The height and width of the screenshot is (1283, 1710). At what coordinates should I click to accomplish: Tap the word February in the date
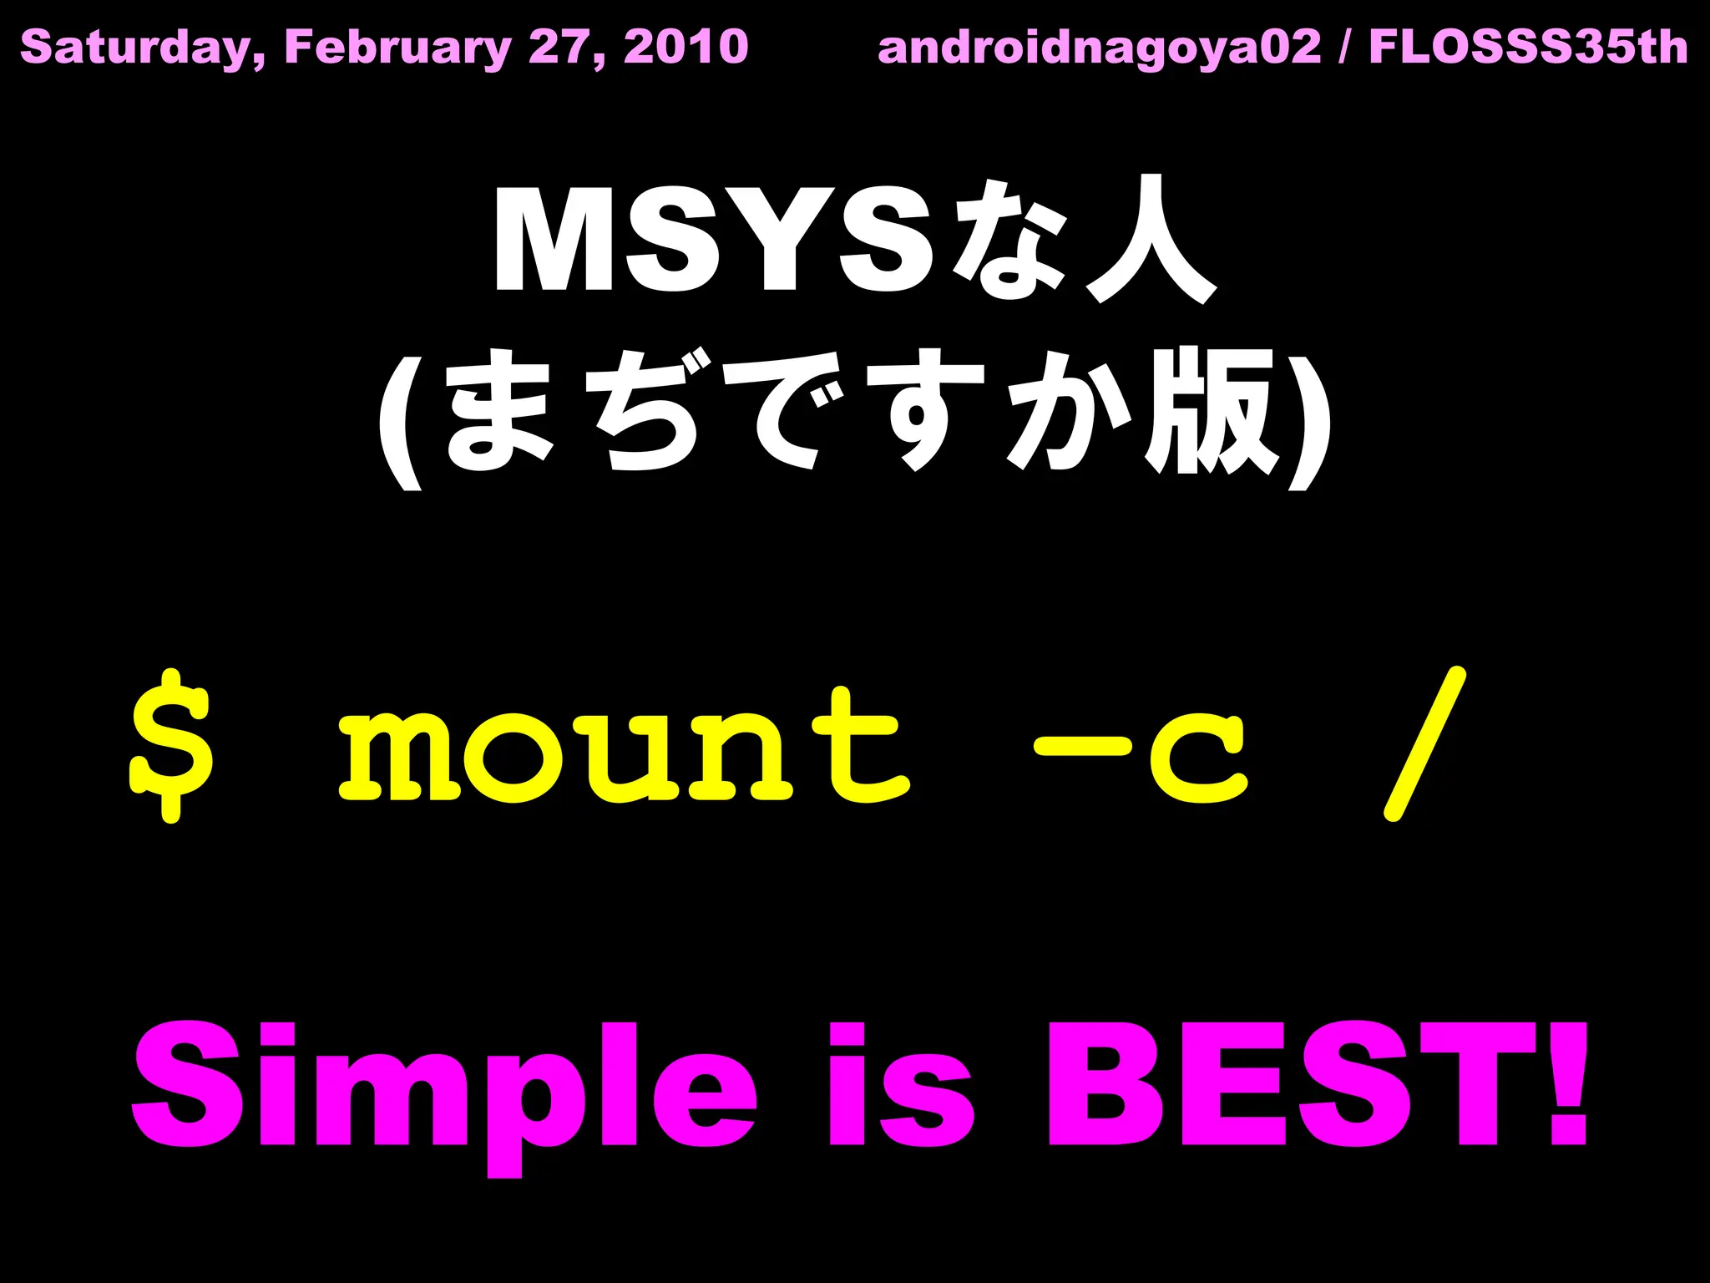397,48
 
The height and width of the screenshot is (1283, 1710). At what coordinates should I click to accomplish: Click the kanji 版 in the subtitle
1211,411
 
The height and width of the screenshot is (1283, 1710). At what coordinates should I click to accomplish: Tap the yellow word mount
623,745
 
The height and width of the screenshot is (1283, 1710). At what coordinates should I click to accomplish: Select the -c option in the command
1141,748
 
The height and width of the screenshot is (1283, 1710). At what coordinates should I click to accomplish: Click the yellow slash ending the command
1424,743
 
